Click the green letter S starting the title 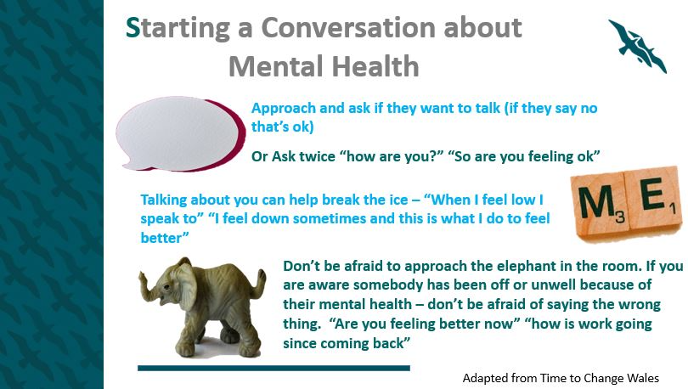[x=133, y=28]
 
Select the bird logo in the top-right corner [x=637, y=46]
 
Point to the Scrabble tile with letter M [x=601, y=205]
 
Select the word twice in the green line [x=317, y=156]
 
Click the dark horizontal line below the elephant [x=274, y=369]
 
